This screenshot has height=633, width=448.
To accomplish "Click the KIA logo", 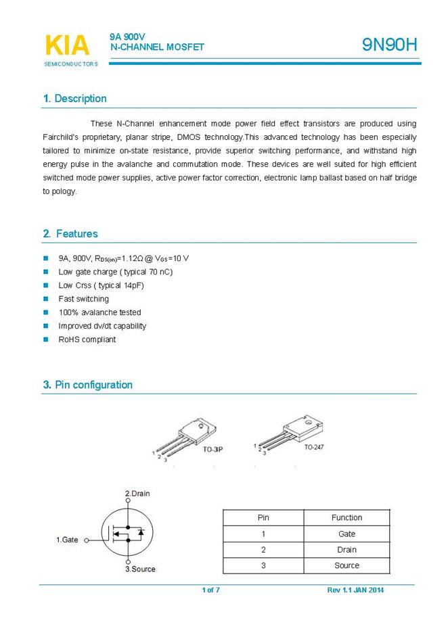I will click(x=67, y=46).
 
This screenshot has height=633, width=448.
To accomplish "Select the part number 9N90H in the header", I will click(x=390, y=45).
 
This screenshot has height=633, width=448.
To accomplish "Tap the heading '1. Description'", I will click(x=74, y=99).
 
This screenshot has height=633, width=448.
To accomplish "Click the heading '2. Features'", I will click(x=70, y=234).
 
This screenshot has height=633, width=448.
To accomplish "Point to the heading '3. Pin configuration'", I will click(x=88, y=385).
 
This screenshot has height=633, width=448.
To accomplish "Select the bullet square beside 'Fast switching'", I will click(x=46, y=299).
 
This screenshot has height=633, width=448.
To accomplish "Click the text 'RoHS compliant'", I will click(x=87, y=339).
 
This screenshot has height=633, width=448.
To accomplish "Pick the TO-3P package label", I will click(x=213, y=448).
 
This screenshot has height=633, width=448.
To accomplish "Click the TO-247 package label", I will click(x=313, y=447).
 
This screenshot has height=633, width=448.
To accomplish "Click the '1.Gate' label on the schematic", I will click(x=67, y=540).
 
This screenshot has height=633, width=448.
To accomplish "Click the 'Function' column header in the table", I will click(x=346, y=517).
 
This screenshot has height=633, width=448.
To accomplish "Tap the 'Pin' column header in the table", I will click(x=263, y=517).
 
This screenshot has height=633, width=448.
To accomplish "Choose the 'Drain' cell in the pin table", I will click(x=346, y=550).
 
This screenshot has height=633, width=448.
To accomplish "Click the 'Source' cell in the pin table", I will click(x=346, y=565).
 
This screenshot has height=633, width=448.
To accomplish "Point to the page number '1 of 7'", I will click(x=210, y=590).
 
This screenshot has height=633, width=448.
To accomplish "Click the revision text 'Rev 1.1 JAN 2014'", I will click(x=355, y=590).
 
